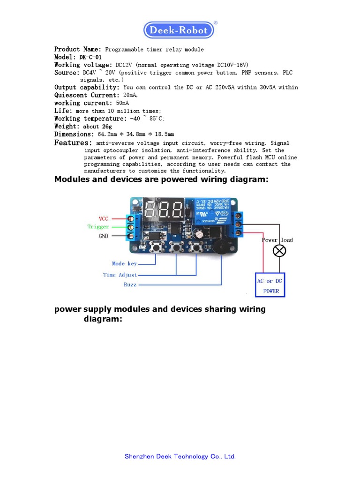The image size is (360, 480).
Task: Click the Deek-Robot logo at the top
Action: (x=179, y=30)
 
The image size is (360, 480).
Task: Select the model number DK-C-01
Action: (x=90, y=57)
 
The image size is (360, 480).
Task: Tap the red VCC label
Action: (x=104, y=218)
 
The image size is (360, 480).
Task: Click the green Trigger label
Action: (x=98, y=227)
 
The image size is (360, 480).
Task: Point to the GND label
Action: (x=104, y=236)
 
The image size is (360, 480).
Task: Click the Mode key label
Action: (x=124, y=264)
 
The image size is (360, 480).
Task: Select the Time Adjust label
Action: (x=120, y=275)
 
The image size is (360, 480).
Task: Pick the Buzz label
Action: (x=130, y=285)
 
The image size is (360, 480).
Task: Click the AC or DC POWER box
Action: (x=270, y=285)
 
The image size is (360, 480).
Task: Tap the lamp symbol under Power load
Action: (x=279, y=251)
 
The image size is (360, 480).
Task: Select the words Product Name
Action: (x=77, y=49)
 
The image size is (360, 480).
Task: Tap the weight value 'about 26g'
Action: (x=97, y=127)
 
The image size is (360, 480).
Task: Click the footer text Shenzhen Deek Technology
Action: (x=180, y=456)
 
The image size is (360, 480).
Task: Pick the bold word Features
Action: (x=73, y=142)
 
